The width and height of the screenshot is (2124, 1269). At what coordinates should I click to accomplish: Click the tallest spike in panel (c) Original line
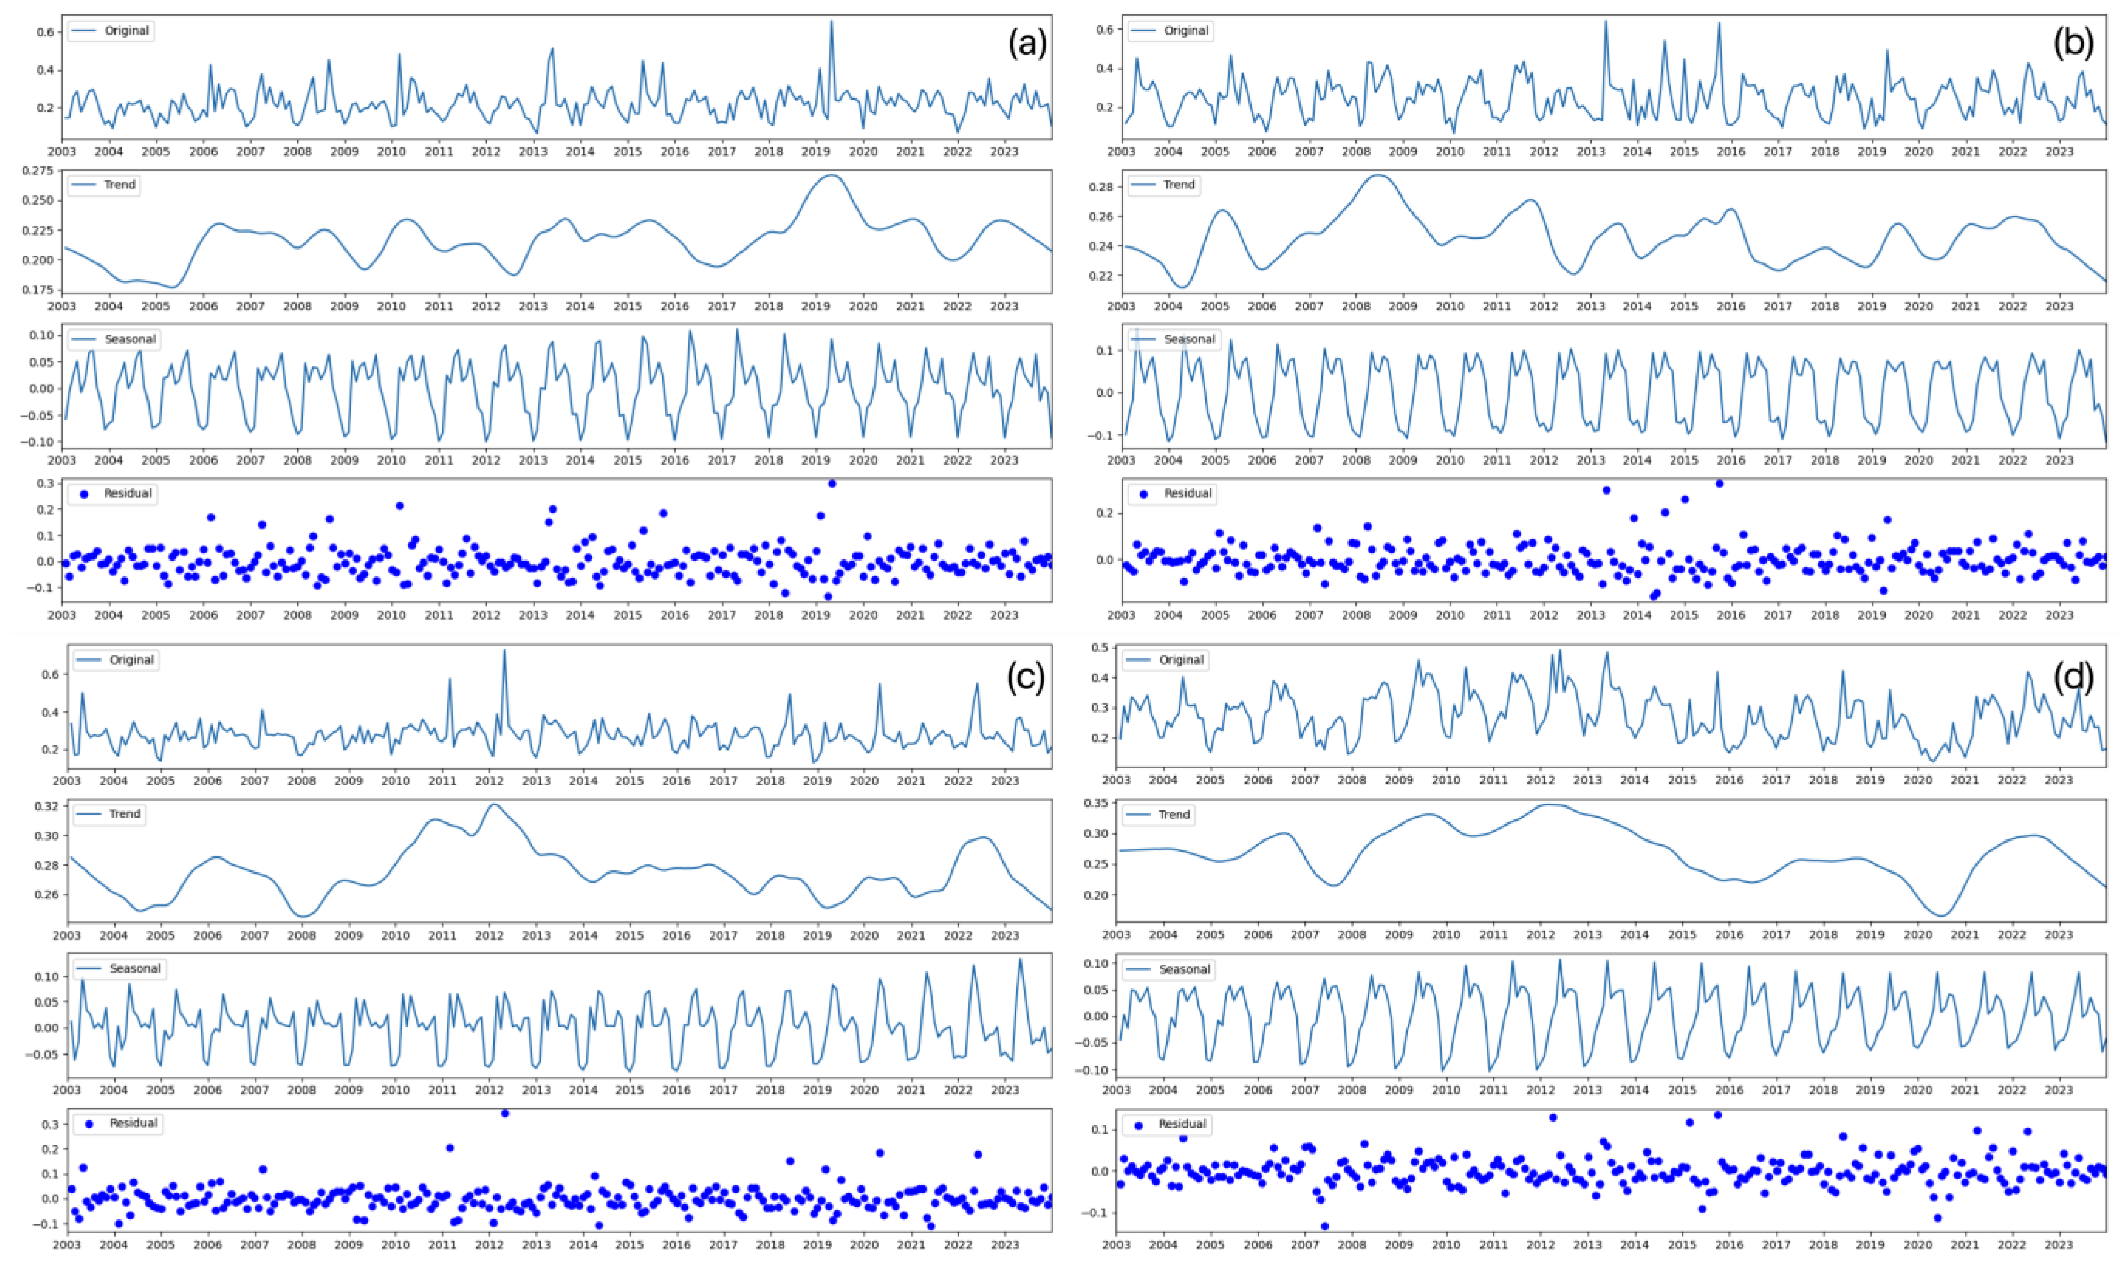click(x=504, y=650)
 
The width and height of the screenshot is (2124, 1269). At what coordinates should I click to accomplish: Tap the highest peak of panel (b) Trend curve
click(x=1377, y=175)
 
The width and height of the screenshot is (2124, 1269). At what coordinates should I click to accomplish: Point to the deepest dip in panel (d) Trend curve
click(x=1940, y=916)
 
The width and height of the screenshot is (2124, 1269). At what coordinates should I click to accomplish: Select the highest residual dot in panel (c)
click(x=504, y=1113)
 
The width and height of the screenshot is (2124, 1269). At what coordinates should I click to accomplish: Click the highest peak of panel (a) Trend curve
click(x=831, y=175)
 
